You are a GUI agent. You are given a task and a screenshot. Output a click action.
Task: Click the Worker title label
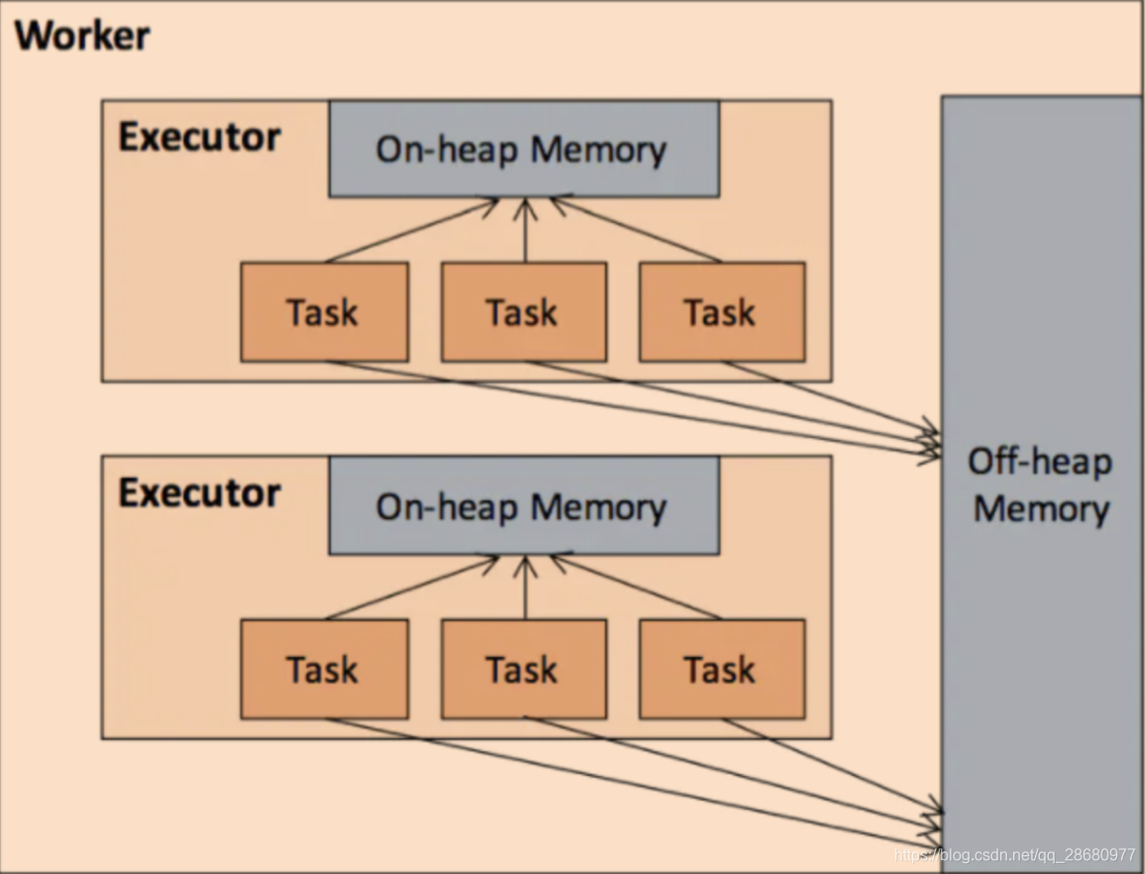click(81, 36)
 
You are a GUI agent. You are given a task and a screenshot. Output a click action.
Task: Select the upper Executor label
click(198, 138)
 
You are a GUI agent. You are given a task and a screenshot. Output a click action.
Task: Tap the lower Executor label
click(198, 492)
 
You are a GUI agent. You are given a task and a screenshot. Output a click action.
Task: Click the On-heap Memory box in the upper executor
click(523, 149)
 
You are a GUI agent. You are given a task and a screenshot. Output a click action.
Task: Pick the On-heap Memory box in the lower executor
click(523, 506)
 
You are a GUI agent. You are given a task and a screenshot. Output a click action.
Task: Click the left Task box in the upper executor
click(323, 312)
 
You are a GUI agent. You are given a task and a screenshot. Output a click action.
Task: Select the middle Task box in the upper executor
click(523, 312)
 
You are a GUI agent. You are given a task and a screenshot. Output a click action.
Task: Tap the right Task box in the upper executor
click(721, 312)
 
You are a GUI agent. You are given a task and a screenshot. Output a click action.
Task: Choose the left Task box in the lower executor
click(323, 670)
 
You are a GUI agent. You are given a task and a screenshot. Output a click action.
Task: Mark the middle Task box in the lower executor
click(523, 670)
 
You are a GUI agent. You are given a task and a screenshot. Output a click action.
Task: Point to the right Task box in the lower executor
click(721, 670)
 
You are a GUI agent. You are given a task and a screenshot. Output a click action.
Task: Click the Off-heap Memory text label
click(1040, 486)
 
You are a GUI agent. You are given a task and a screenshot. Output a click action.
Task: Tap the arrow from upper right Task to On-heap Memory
click(635, 231)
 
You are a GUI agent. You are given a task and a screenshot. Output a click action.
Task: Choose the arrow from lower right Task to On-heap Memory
click(635, 589)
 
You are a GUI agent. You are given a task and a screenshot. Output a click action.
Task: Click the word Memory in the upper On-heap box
click(599, 150)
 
